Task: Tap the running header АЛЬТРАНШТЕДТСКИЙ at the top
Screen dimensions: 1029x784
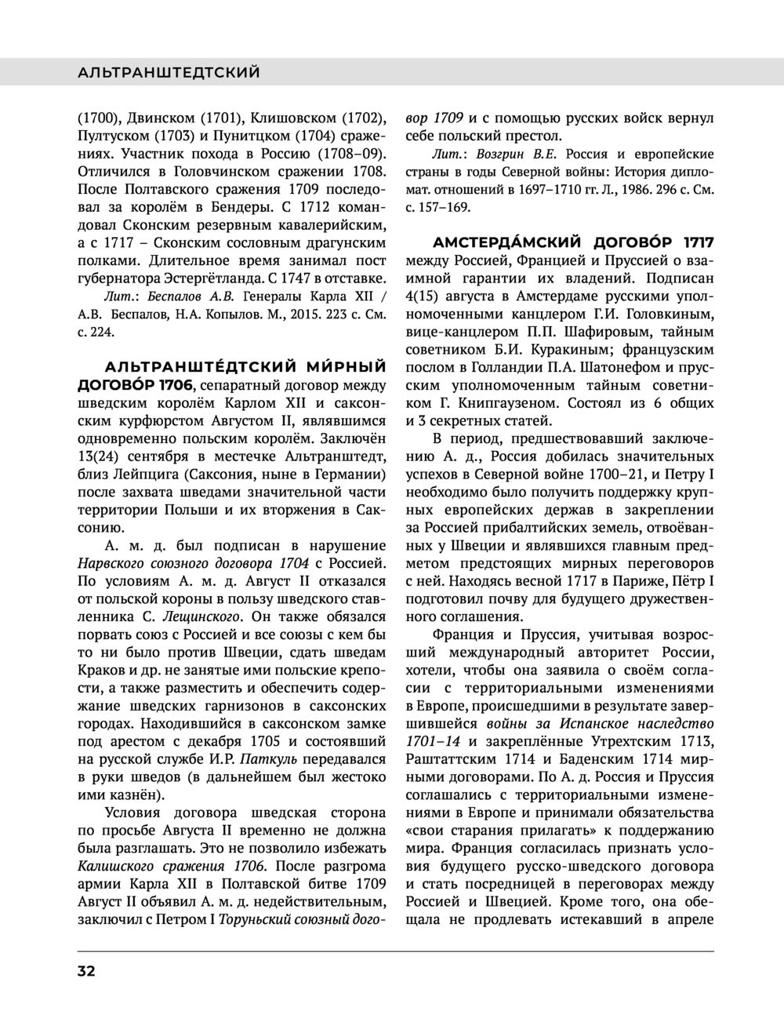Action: tap(169, 73)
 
